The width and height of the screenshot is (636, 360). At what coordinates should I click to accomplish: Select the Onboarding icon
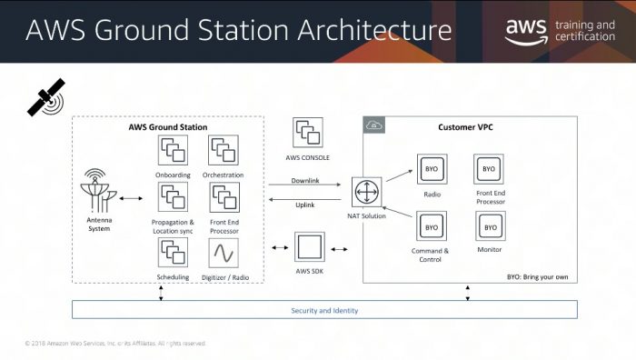pyautogui.click(x=172, y=149)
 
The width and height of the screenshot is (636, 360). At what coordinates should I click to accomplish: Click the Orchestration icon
pyautogui.click(x=224, y=149)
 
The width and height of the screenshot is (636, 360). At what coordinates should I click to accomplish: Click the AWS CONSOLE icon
pyautogui.click(x=307, y=135)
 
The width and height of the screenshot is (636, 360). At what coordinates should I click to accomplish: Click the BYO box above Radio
pyautogui.click(x=432, y=170)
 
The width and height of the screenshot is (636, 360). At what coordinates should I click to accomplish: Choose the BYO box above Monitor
pyautogui.click(x=490, y=226)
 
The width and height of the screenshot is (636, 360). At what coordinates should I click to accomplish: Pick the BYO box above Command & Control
pyautogui.click(x=432, y=226)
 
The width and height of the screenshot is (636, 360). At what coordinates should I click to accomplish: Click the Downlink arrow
pyautogui.click(x=305, y=187)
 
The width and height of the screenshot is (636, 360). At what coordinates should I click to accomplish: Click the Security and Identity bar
pyautogui.click(x=324, y=310)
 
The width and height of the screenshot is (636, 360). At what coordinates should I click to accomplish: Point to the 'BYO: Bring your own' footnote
pyautogui.click(x=537, y=275)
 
